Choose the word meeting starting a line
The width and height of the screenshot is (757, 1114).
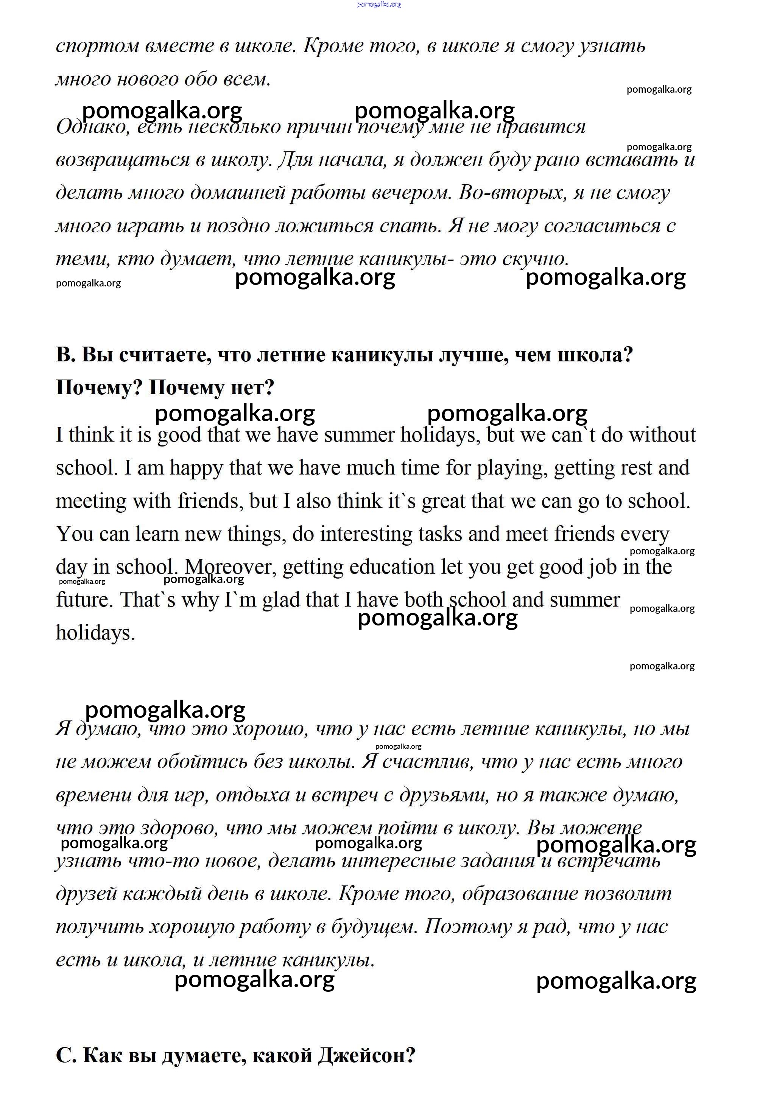coord(90,501)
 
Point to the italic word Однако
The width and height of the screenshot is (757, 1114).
coord(93,127)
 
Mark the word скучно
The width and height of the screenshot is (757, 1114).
coord(536,259)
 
